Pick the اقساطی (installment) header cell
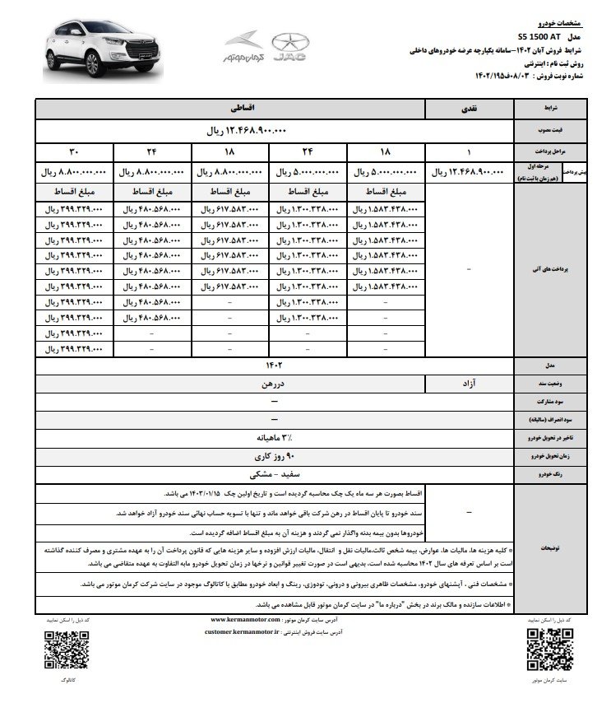pos(230,108)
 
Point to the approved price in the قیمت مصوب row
pos(246,131)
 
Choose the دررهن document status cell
pos(230,383)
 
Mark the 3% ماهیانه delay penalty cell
pos(273,437)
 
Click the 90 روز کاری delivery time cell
pos(273,455)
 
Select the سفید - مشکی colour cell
pos(273,474)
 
